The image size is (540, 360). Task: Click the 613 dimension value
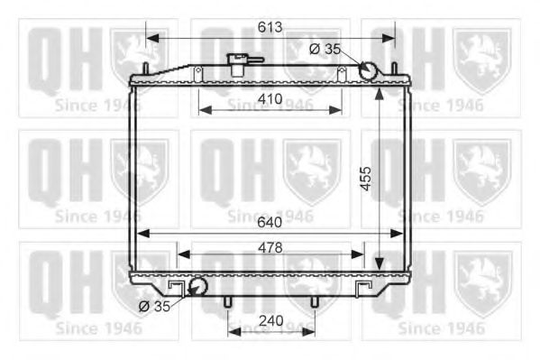(x=269, y=26)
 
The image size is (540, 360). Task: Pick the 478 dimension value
(x=269, y=246)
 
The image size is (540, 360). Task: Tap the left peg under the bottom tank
(x=228, y=301)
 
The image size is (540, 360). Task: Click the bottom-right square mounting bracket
(x=364, y=288)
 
